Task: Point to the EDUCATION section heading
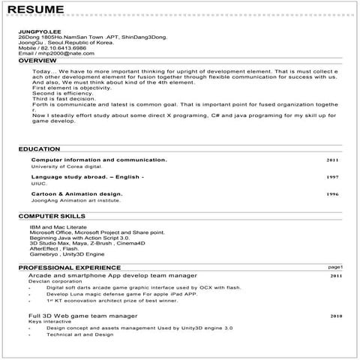[x=39, y=149]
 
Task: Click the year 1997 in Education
[x=332, y=177]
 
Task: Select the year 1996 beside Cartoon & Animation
[x=332, y=194]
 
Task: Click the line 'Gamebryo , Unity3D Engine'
[x=61, y=254]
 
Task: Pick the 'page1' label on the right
[x=334, y=267]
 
